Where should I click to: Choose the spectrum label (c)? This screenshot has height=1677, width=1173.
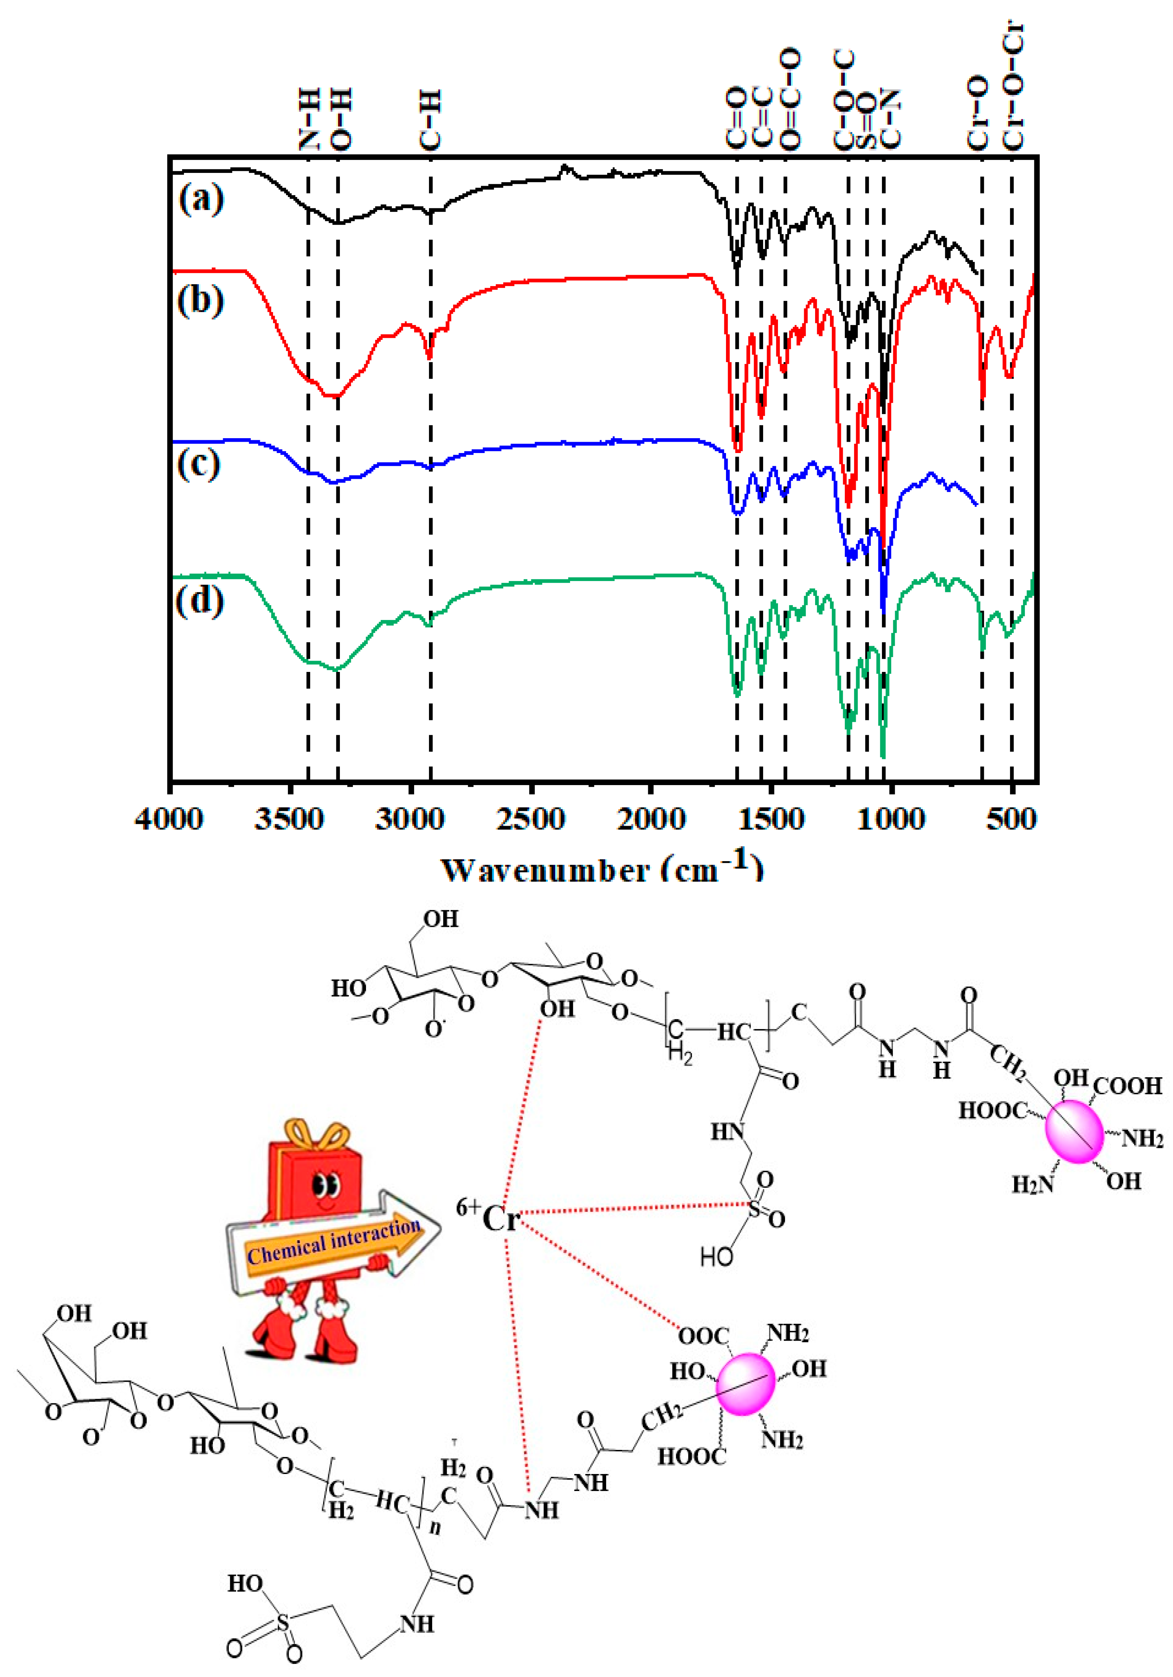[x=199, y=463]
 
